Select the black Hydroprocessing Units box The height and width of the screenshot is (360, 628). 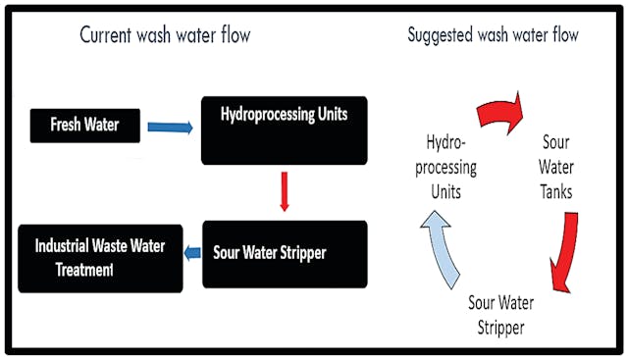(x=284, y=129)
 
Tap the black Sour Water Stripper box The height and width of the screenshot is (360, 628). (x=285, y=253)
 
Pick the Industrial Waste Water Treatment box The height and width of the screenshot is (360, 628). (x=100, y=257)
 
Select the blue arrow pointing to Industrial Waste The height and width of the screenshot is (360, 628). (x=192, y=253)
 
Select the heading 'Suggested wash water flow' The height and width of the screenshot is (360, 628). (x=493, y=36)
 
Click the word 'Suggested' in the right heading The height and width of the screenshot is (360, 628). (x=443, y=36)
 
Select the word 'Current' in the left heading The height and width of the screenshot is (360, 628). (x=109, y=37)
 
